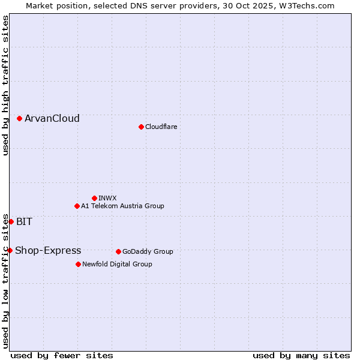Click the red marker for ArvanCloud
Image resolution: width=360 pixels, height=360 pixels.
pos(20,119)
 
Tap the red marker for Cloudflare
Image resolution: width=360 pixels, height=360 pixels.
pos(141,127)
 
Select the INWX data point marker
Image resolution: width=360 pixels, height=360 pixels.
pos(94,198)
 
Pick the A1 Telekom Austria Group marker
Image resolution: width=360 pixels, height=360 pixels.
pos(77,206)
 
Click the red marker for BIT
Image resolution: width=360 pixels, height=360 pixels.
pos(11,221)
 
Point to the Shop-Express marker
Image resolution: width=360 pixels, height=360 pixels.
pos(10,250)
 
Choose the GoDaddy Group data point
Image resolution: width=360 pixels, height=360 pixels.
pos(118,251)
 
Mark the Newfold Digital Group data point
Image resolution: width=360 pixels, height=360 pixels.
pos(78,264)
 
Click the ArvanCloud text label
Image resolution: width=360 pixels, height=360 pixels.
pos(52,119)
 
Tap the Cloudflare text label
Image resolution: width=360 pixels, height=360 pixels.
pos(161,127)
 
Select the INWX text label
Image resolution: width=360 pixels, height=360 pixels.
pos(108,198)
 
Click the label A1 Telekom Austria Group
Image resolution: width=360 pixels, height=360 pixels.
pos(122,206)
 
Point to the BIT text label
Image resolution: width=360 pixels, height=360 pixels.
pos(25,221)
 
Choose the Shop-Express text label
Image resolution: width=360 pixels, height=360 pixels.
pos(48,250)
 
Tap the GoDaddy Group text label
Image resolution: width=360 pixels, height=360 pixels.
pos(148,251)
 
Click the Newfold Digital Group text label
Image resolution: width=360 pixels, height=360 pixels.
pos(117,264)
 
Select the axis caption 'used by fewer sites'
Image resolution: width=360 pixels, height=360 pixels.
pos(62,355)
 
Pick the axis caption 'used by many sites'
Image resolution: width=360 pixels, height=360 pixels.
pos(301,355)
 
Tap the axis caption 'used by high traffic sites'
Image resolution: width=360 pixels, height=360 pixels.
pos(5,85)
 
